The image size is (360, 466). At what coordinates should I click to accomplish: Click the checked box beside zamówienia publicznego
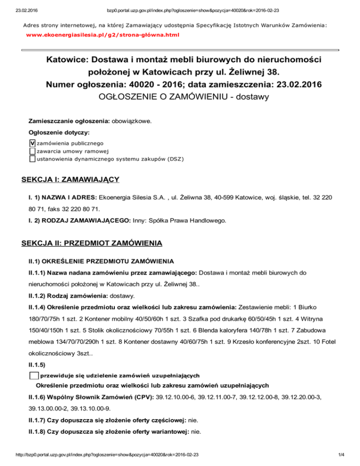[32, 143]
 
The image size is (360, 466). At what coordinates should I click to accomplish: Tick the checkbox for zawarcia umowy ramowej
[32, 151]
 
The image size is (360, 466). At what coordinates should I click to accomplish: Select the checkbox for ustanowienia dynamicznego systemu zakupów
[32, 159]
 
